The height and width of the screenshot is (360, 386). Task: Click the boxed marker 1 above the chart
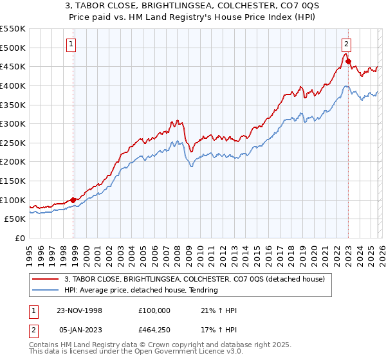[x=70, y=44]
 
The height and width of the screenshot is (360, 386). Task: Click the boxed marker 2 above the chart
[x=346, y=44]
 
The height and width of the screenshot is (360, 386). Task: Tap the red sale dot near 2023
[x=348, y=62]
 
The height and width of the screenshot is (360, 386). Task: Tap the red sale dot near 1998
[x=73, y=200]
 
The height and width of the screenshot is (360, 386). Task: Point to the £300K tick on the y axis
[x=13, y=123]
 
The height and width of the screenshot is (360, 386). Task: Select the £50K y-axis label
[x=15, y=219]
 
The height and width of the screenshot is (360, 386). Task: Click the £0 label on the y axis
[x=20, y=239]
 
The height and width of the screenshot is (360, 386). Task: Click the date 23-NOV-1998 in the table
[x=80, y=310]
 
